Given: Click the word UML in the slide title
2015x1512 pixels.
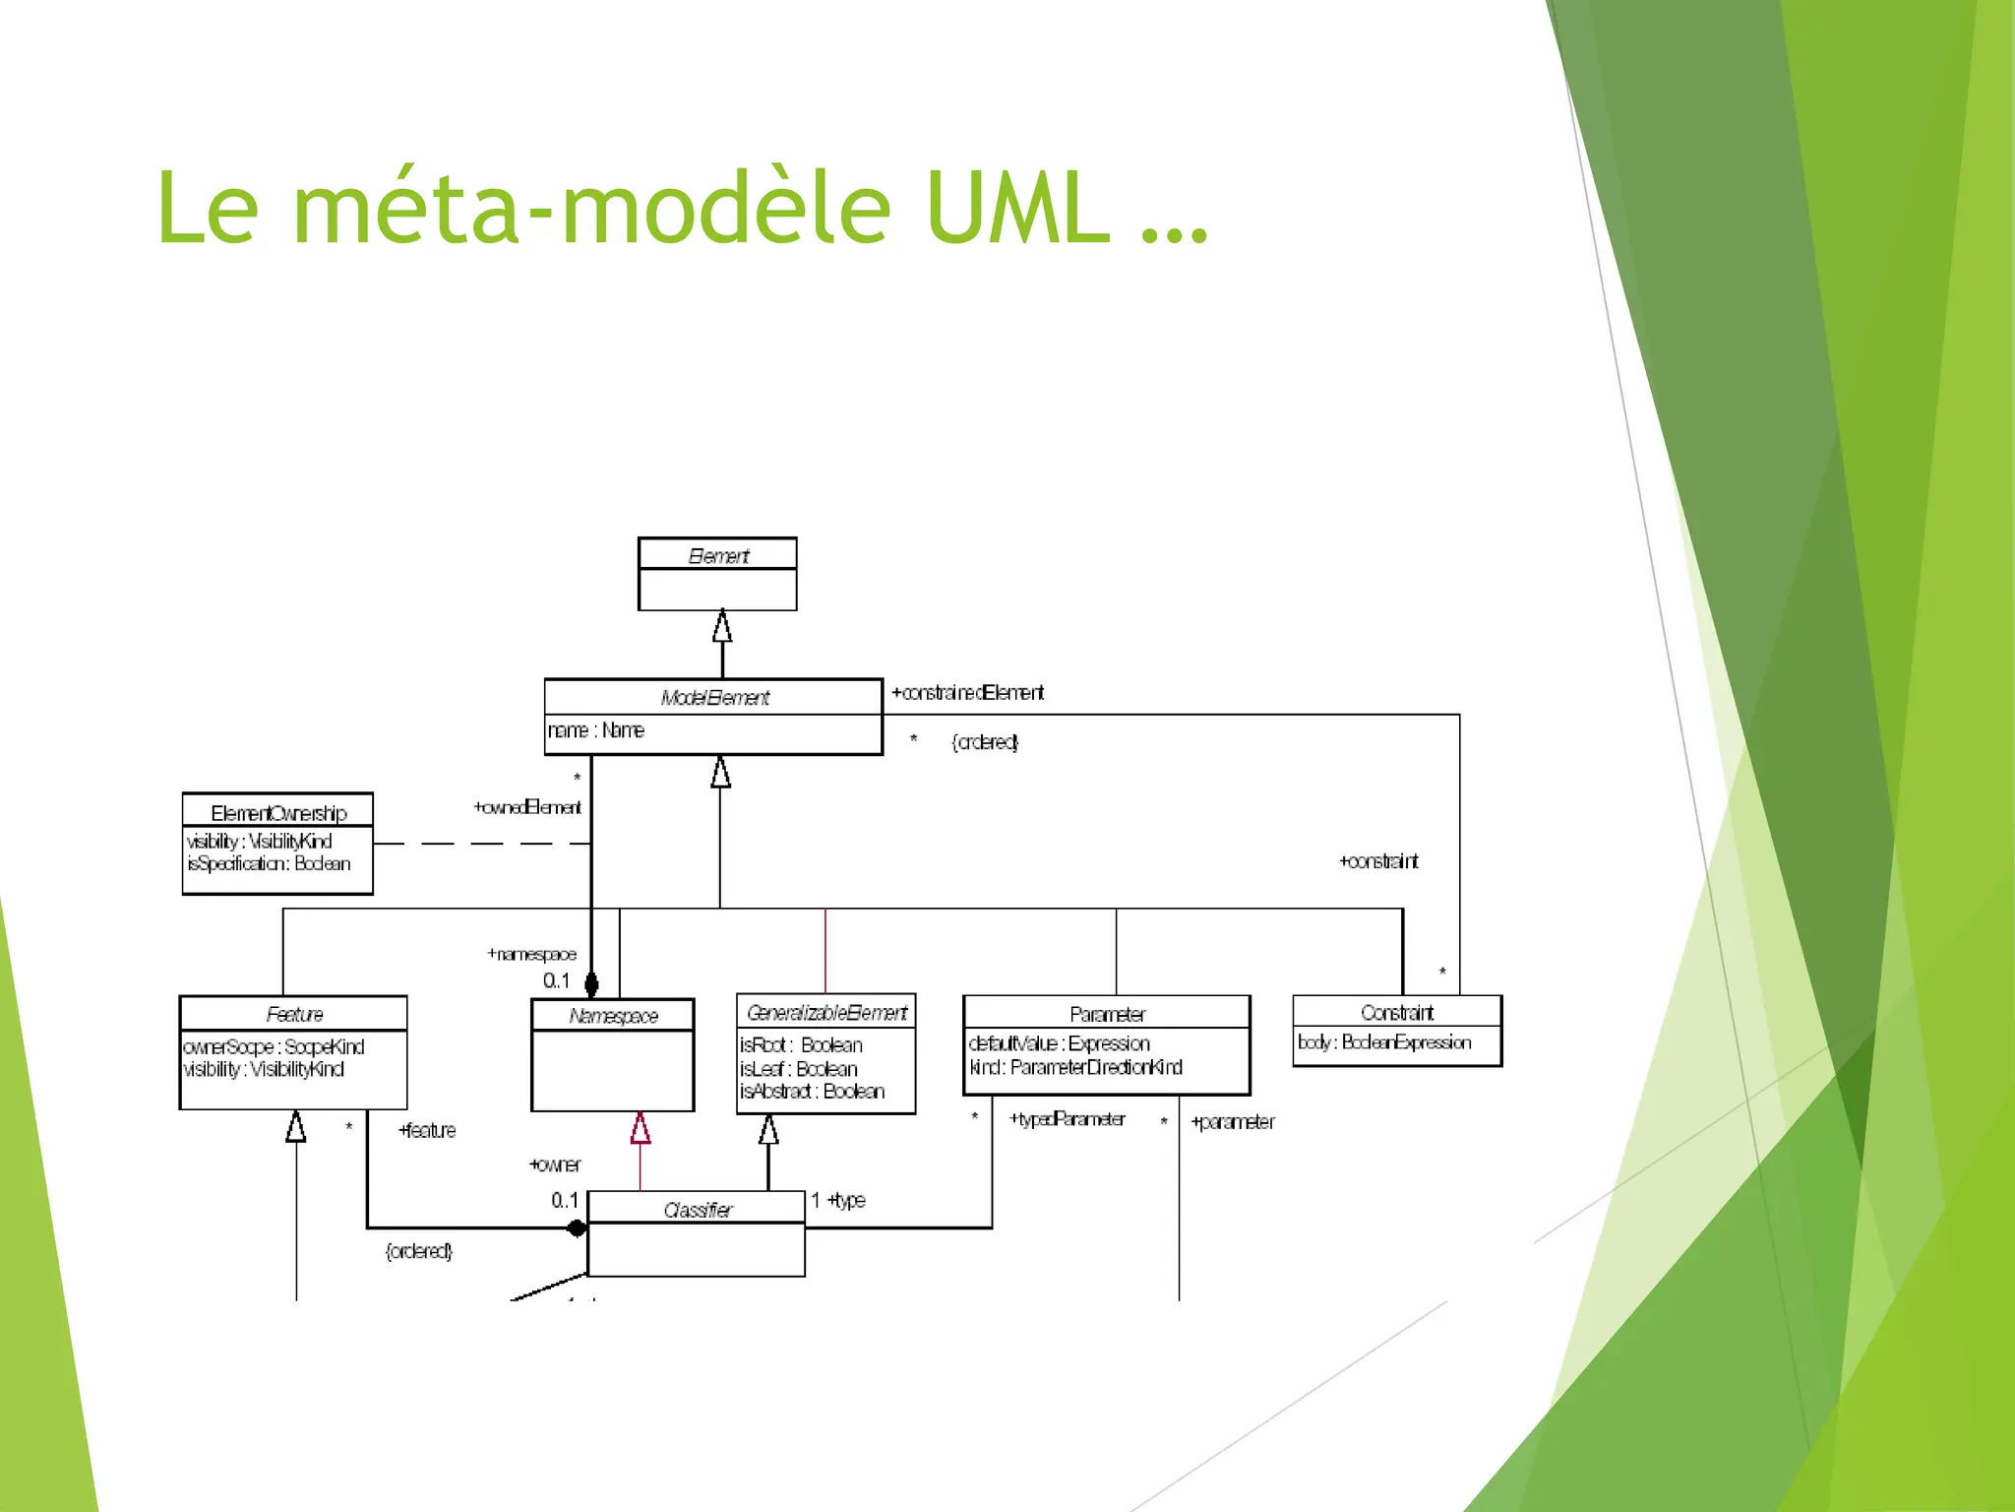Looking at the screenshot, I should click(1017, 209).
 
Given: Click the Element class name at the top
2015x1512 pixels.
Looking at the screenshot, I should click(718, 556).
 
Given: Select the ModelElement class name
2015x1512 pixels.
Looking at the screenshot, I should click(714, 698).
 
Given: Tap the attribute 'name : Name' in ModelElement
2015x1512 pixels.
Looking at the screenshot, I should click(596, 730).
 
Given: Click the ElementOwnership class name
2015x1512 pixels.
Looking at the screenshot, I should click(278, 813).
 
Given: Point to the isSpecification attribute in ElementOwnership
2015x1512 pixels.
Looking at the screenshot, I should click(269, 863).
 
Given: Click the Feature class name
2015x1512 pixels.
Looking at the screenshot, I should click(294, 1014).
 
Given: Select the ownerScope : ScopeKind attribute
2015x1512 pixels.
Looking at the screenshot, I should click(274, 1046).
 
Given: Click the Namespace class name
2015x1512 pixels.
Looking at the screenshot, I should click(613, 1016).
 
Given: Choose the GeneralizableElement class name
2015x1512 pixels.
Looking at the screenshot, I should click(826, 1012).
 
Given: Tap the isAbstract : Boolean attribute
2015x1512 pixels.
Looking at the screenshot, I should click(812, 1091).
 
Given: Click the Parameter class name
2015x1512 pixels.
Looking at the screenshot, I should click(1107, 1014).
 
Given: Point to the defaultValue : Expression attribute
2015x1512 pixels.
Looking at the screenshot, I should click(1059, 1043).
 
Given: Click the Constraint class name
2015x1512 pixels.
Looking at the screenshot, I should click(1396, 1012).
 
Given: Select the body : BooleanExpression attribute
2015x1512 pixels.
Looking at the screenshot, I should click(1384, 1041).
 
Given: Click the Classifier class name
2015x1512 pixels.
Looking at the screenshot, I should click(698, 1210).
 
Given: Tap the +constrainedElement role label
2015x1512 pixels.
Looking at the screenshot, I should click(967, 693).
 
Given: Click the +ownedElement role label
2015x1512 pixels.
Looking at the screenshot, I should click(527, 807).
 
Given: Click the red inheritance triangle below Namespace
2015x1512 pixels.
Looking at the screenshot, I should click(641, 1128).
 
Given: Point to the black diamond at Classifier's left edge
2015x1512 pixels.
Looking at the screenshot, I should click(578, 1228).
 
